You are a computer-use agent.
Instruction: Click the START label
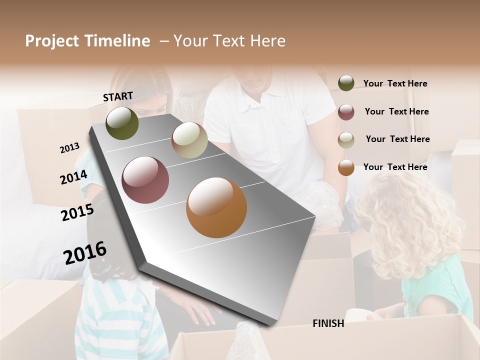[118, 96]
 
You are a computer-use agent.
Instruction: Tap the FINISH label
[328, 323]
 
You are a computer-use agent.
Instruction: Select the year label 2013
[69, 148]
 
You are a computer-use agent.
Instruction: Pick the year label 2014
[73, 177]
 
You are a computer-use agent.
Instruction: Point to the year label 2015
[77, 212]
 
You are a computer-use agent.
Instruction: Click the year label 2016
[85, 253]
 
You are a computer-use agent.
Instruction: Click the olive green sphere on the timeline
[122, 123]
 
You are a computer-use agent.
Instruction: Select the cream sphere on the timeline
[189, 140]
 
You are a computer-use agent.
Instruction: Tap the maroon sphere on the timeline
[145, 180]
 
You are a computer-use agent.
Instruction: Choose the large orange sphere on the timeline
[216, 207]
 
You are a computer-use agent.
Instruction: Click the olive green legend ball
[346, 83]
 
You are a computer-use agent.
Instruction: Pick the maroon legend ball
[346, 112]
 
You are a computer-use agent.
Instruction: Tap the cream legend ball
[346, 140]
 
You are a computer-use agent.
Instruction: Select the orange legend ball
[346, 168]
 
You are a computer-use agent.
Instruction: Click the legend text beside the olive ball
[395, 83]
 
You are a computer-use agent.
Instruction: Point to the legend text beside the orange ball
[395, 167]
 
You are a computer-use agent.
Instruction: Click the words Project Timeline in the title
[87, 41]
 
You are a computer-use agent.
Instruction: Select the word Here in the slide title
[267, 41]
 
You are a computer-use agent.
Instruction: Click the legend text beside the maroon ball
[396, 111]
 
